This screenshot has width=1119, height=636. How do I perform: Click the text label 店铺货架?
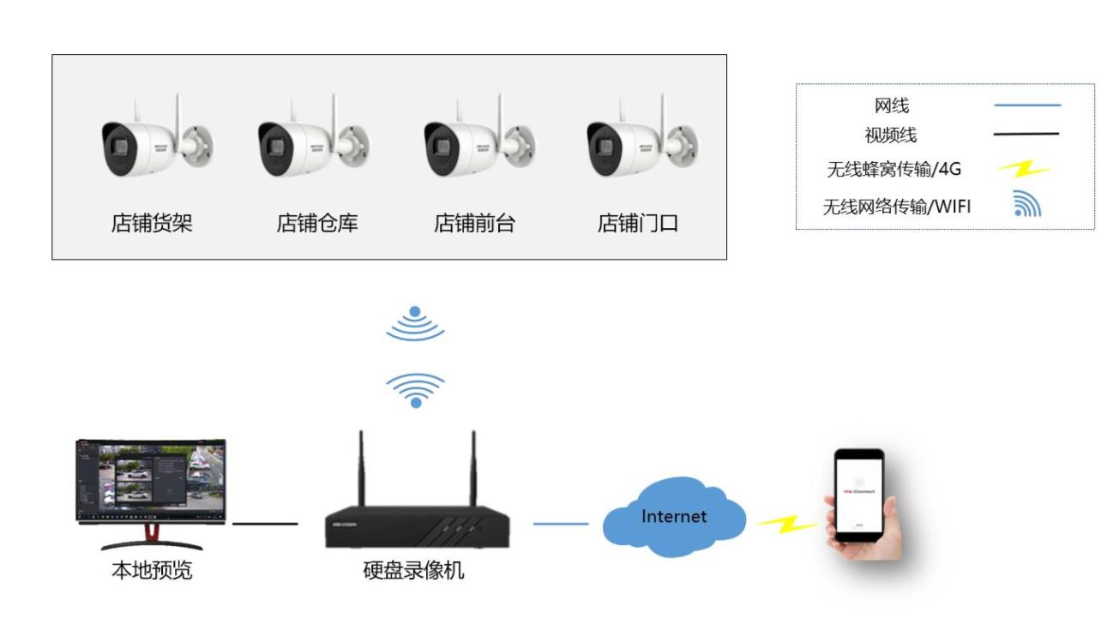(152, 224)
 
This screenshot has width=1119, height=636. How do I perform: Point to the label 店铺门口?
(638, 224)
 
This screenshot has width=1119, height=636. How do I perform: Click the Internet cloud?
(675, 519)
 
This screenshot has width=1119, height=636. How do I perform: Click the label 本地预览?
(152, 571)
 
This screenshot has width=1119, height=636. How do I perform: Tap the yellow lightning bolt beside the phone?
(786, 524)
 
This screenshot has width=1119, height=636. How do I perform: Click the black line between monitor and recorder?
(265, 524)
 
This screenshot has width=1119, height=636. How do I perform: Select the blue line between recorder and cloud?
(561, 524)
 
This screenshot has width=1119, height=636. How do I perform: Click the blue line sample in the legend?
(1027, 105)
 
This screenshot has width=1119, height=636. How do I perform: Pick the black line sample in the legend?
(1027, 135)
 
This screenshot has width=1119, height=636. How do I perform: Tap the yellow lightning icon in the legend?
(1024, 170)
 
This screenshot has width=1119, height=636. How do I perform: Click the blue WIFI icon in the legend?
(1026, 204)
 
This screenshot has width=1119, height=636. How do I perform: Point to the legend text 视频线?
(890, 135)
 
